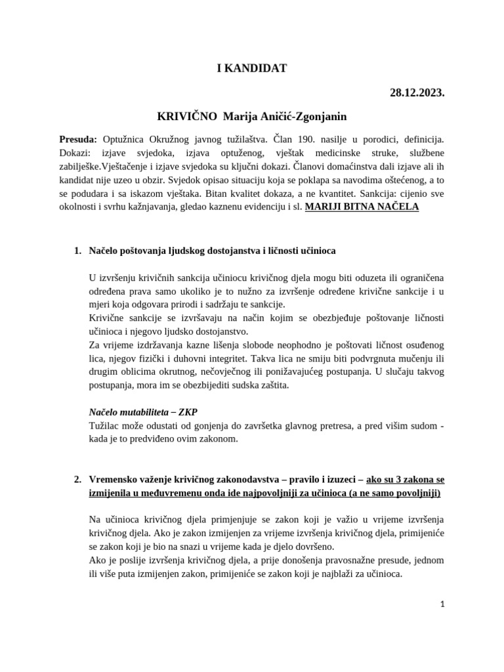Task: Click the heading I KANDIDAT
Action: coord(251,68)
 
